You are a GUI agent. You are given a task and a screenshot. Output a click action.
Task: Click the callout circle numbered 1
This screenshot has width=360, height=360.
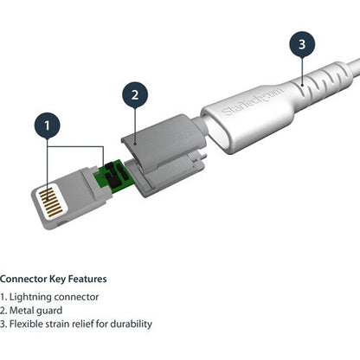click(x=48, y=126)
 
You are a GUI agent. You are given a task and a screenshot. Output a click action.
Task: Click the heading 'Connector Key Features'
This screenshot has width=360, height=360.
click(x=53, y=279)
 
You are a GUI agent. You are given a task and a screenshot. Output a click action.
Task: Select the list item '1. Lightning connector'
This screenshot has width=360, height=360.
click(x=49, y=296)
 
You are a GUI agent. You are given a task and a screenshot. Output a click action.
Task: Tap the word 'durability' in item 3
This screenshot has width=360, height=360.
click(x=130, y=324)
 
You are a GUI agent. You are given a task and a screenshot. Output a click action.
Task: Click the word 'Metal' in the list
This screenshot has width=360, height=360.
click(x=23, y=310)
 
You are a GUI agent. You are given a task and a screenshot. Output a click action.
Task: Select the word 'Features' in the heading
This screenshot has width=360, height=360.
click(x=86, y=279)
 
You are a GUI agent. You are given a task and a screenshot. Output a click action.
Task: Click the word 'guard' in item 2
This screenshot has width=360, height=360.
click(x=52, y=310)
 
